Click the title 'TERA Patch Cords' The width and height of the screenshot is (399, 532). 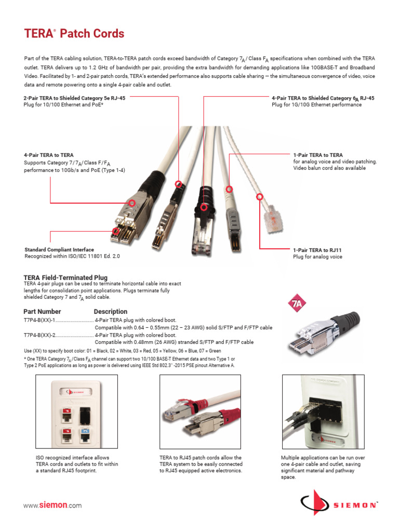pyautogui.click(x=74, y=34)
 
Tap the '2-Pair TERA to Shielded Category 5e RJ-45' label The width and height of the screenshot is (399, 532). pyautogui.click(x=74, y=98)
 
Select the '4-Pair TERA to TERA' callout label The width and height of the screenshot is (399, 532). pyautogui.click(x=48, y=155)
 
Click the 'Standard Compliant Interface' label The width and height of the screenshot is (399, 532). pyautogui.click(x=59, y=250)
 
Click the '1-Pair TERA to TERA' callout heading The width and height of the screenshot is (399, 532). pyautogui.click(x=318, y=155)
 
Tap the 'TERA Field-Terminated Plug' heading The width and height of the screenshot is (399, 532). pyautogui.click(x=65, y=278)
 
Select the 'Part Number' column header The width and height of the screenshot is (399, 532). pyautogui.click(x=42, y=312)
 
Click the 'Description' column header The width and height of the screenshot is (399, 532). pyautogui.click(x=110, y=312)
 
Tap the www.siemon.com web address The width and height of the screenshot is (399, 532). pyautogui.click(x=52, y=506)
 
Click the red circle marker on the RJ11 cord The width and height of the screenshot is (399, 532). pyautogui.click(x=258, y=196)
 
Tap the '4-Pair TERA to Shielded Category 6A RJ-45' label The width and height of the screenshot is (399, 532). pyautogui.click(x=323, y=98)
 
